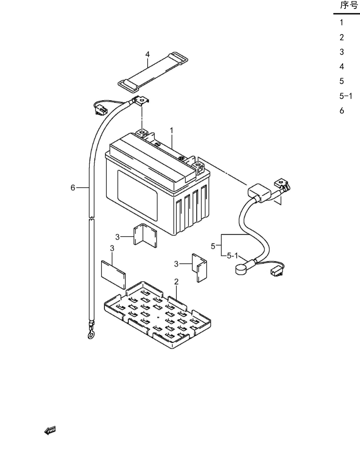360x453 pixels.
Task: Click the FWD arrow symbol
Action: pos(50,430)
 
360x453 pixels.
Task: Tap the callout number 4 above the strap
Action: pos(147,54)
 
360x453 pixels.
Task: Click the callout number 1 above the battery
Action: pos(172,131)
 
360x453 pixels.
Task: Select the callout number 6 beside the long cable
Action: pos(73,188)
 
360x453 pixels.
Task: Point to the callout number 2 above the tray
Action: pos(176,282)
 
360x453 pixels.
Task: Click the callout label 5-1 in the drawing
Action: pos(232,256)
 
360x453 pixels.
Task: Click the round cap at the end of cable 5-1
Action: pos(240,269)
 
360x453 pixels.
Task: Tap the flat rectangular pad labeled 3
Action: pos(113,274)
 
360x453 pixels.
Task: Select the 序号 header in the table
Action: pos(349,5)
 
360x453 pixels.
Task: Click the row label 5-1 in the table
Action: pos(345,96)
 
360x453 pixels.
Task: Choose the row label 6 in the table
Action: pos(342,111)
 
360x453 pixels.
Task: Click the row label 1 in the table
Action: pos(341,23)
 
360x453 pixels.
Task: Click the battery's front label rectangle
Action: pos(137,195)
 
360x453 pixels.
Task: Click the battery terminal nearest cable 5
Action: pos(198,167)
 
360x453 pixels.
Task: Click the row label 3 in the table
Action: pos(342,52)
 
